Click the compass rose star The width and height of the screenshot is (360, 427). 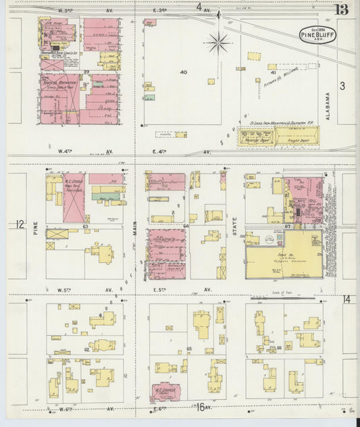[x=218, y=43]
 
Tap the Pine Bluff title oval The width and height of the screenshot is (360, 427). [x=318, y=34]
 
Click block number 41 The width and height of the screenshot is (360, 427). [x=274, y=71]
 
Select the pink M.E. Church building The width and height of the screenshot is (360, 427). [x=164, y=391]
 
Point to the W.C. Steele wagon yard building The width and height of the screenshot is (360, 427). [x=74, y=197]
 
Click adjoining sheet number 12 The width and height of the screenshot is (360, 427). [x=19, y=224]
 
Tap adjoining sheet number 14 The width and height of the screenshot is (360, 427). [x=346, y=299]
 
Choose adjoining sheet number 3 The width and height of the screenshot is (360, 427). [x=342, y=86]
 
